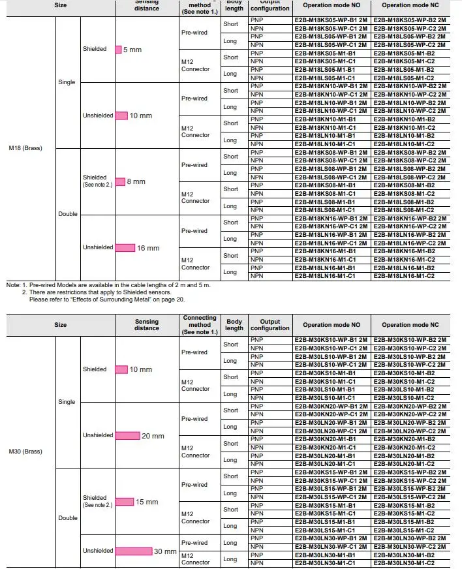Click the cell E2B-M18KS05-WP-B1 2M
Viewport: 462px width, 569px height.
click(x=331, y=20)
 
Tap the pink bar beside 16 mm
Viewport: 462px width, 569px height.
click(x=125, y=248)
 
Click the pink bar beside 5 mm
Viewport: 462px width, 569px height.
click(x=118, y=50)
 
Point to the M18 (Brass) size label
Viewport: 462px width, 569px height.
click(x=25, y=148)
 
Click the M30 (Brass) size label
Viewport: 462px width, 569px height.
click(x=25, y=452)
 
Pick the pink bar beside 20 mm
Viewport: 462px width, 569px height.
click(x=127, y=435)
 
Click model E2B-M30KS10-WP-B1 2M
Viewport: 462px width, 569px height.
click(x=331, y=341)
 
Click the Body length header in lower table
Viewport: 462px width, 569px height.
click(x=234, y=324)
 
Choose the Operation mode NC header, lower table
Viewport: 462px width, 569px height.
click(x=414, y=324)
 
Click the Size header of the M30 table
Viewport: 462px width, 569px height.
click(x=60, y=324)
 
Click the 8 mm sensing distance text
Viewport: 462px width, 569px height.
click(x=136, y=181)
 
